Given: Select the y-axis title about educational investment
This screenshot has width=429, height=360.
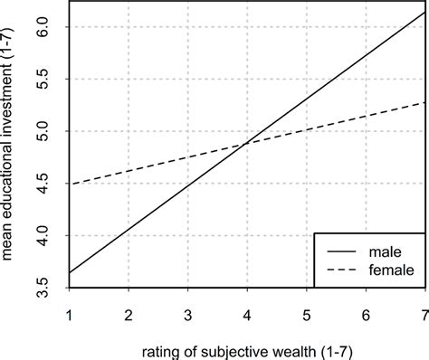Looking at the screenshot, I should tap(13, 145).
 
